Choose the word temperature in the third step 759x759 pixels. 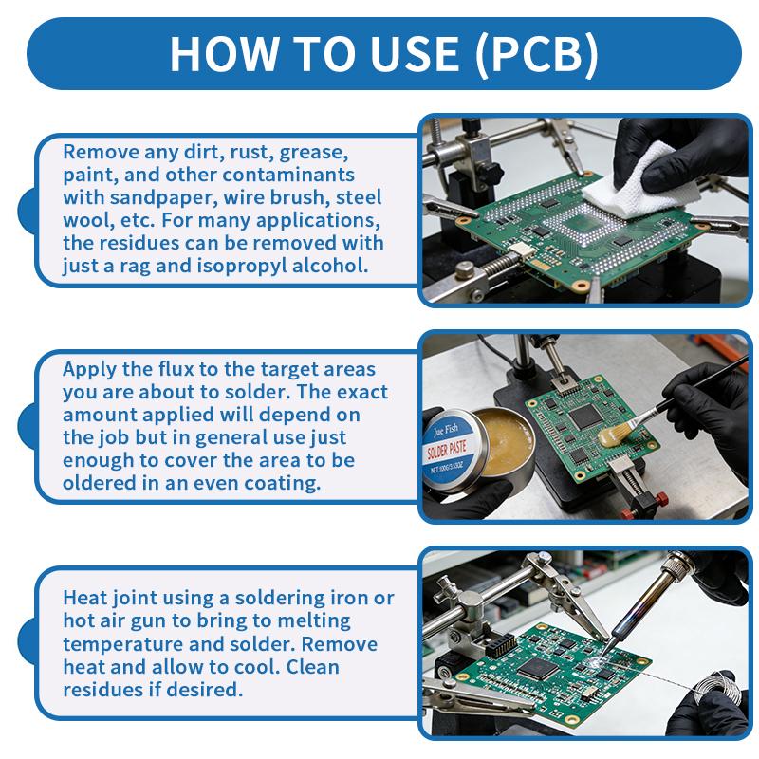[x=120, y=643]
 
